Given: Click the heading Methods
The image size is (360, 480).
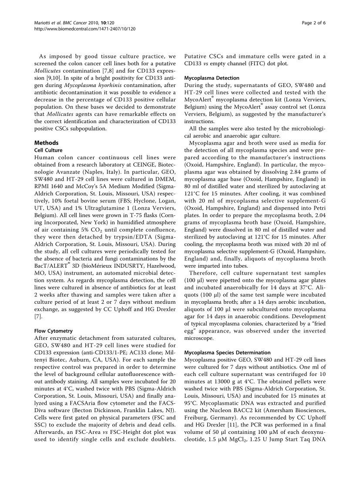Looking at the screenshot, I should tap(47, 142).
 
